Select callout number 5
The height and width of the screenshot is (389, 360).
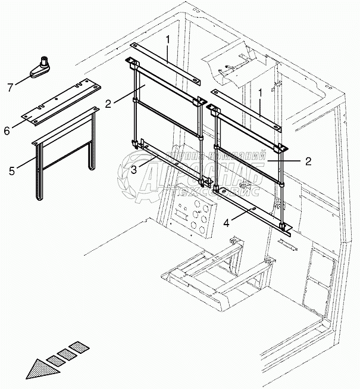point(11,171)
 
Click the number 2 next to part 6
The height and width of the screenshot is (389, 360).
point(108,103)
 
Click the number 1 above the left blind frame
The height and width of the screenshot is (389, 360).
point(169,39)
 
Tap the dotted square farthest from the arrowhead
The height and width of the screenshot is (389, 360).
point(78,346)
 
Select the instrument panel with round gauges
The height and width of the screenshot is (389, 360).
point(189,216)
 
